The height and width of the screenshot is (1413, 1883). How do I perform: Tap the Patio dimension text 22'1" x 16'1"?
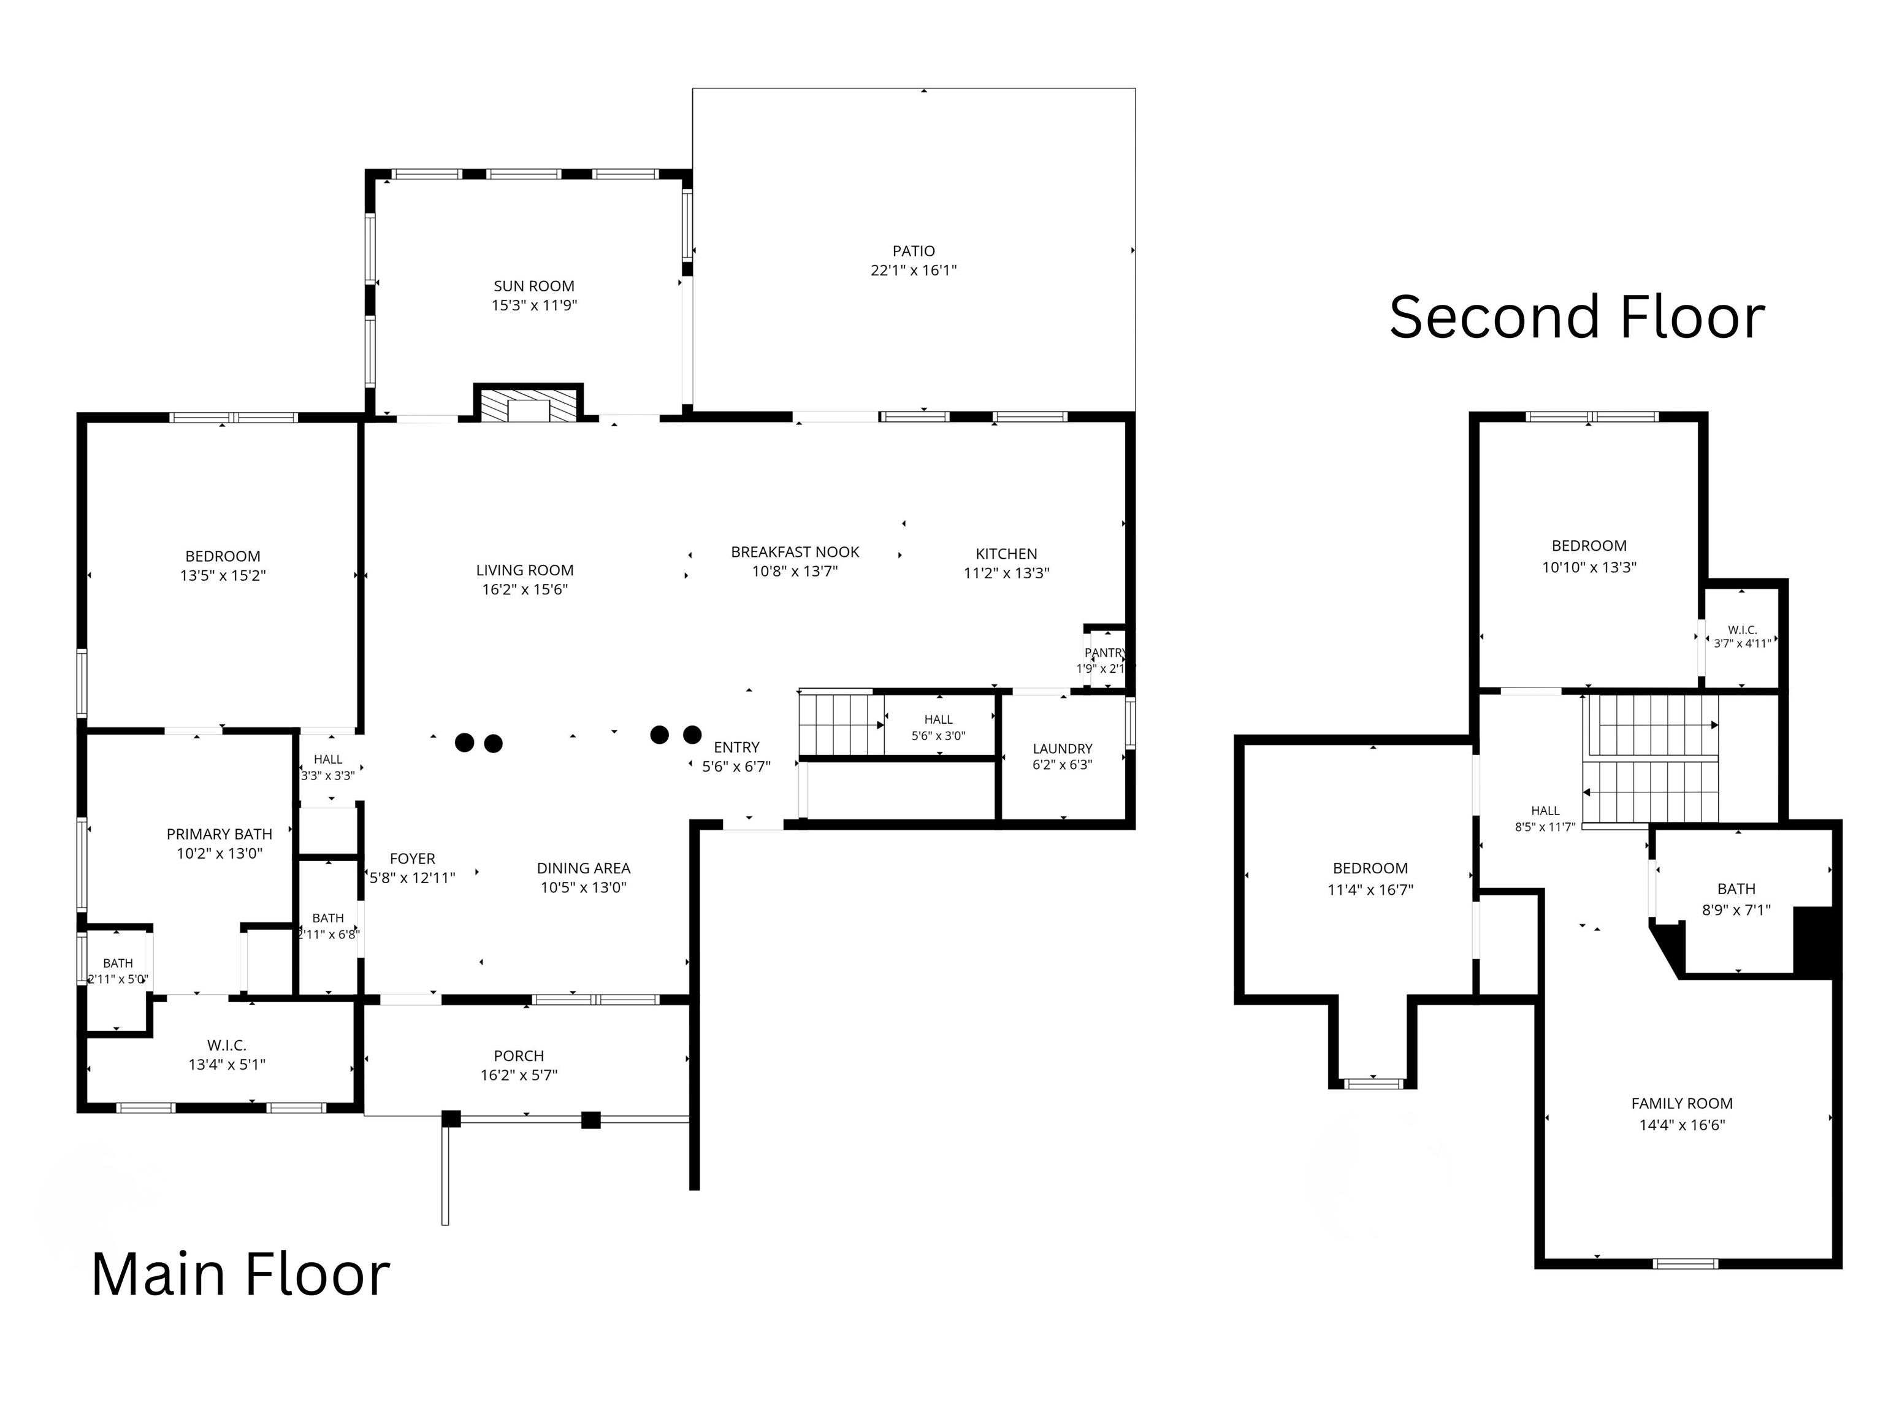tap(914, 270)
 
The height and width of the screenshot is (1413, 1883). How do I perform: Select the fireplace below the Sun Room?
tap(529, 403)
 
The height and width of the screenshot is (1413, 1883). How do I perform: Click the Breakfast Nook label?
tap(795, 553)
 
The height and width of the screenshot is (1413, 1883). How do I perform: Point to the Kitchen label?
tap(1006, 554)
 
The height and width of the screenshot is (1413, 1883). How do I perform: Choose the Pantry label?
tap(1105, 653)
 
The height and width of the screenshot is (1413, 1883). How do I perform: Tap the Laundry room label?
tap(1063, 749)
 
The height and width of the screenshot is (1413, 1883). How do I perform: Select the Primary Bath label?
tap(220, 834)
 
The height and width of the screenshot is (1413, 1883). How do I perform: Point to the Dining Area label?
tap(583, 868)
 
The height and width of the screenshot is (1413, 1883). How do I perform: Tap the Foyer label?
tap(412, 859)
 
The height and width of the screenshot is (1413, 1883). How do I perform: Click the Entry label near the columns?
tap(736, 748)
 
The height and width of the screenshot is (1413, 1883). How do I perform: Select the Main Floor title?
tap(240, 1274)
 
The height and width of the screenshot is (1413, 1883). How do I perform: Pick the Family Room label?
tap(1682, 1104)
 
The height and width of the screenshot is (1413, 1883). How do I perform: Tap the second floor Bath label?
tap(1736, 889)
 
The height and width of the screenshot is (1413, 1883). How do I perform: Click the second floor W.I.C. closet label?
tap(1743, 630)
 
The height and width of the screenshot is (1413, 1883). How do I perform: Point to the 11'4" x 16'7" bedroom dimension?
tap(1370, 890)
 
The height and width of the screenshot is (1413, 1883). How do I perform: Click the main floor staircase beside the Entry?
tap(839, 724)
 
